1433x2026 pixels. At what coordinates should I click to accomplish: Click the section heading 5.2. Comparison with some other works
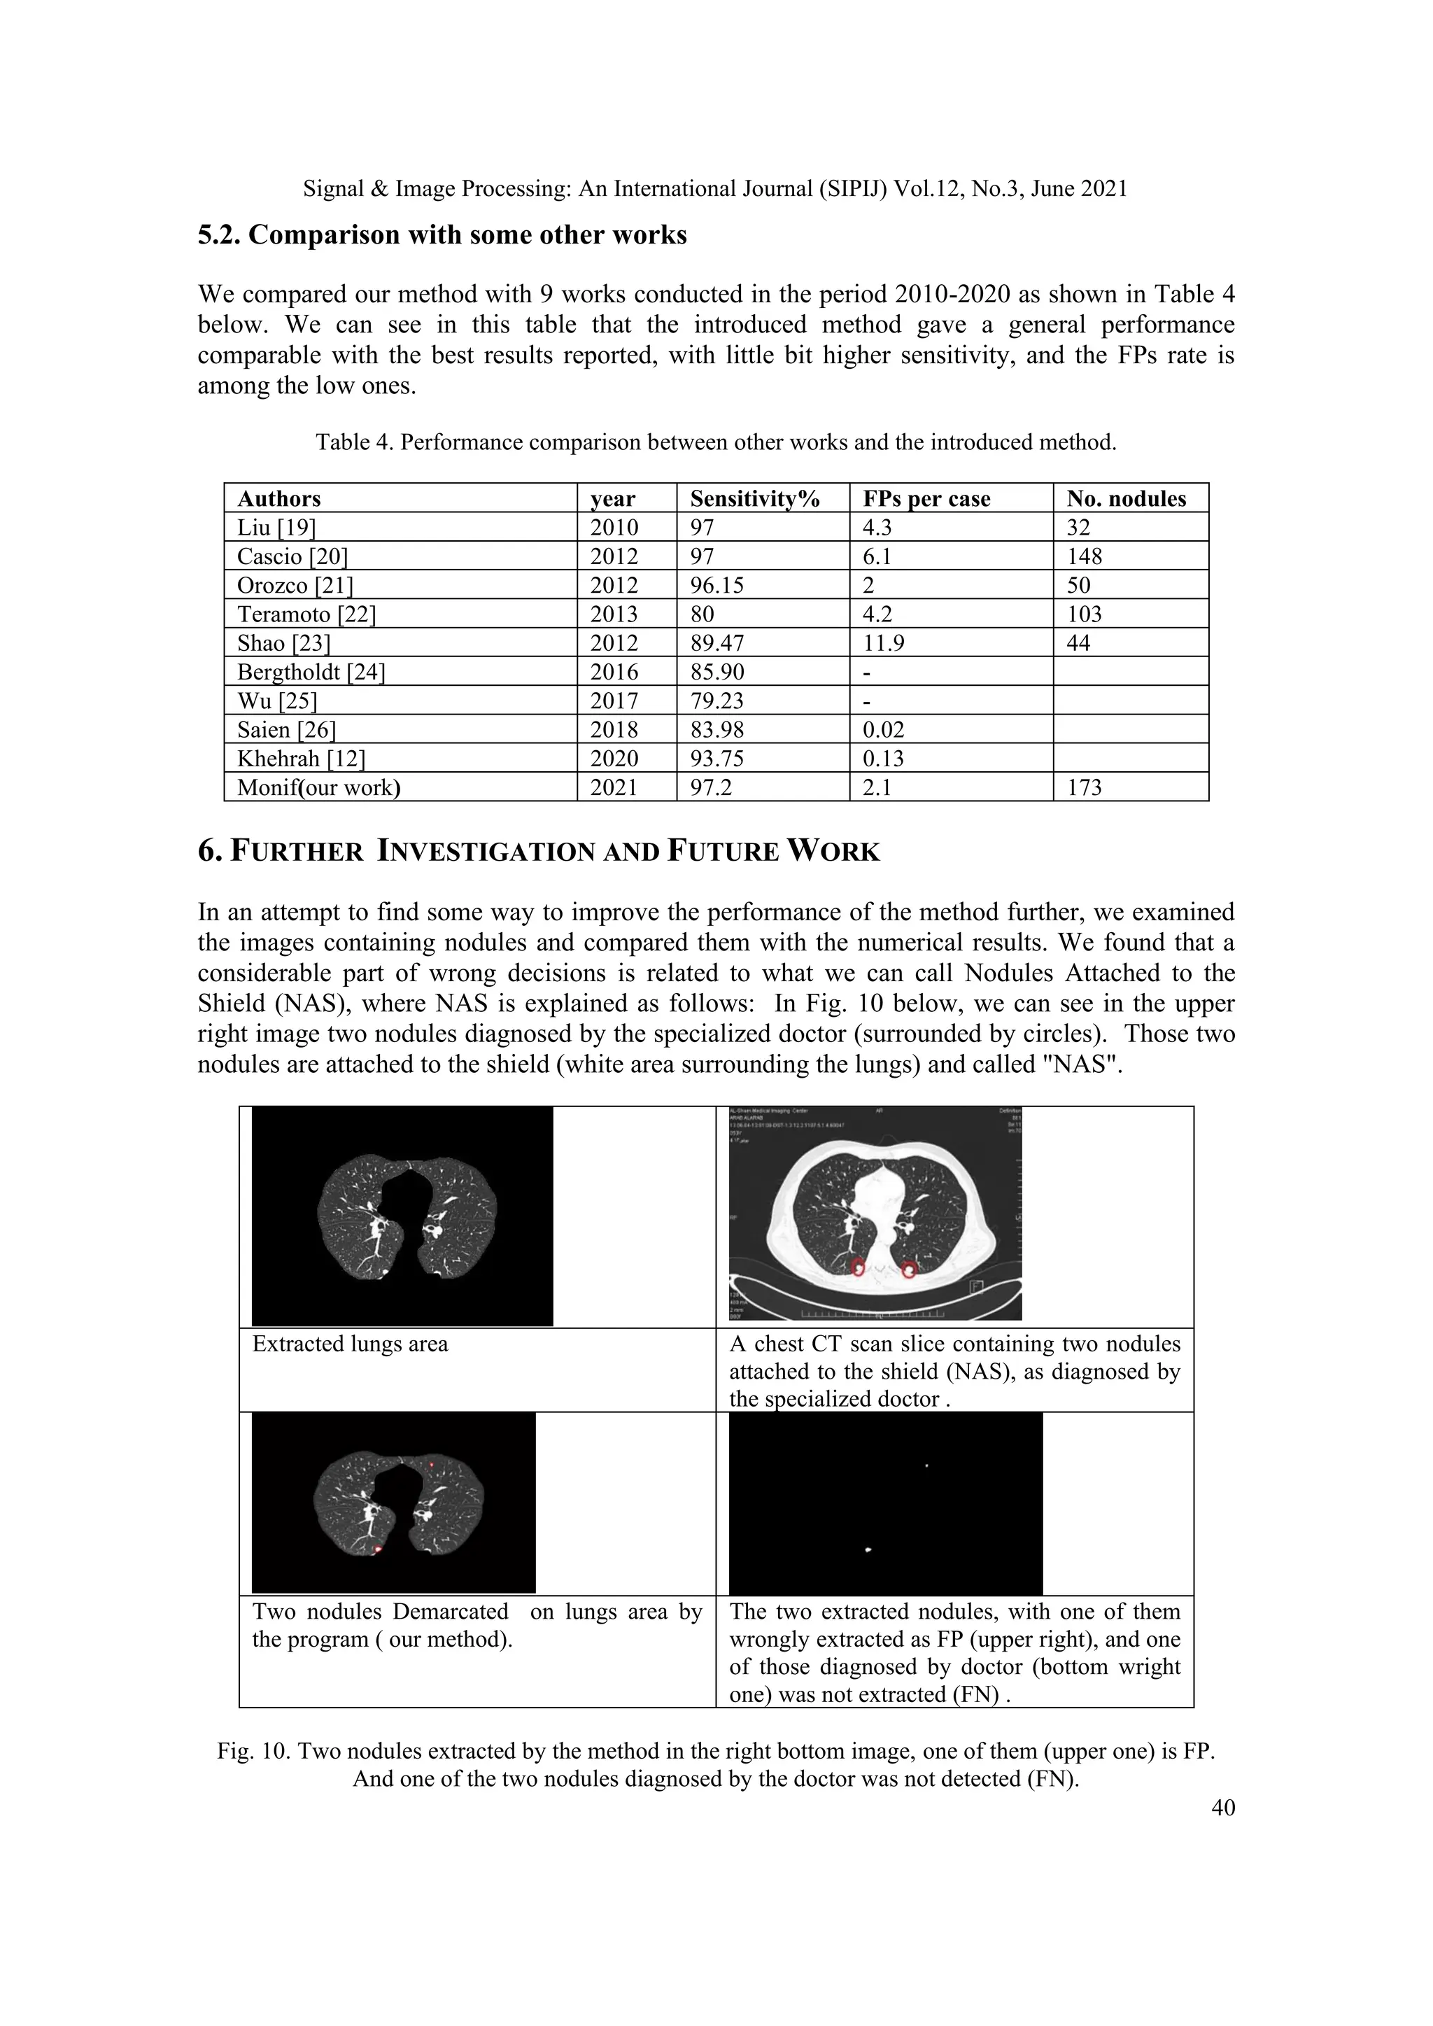point(442,236)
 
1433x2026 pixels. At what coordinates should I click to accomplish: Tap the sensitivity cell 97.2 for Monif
point(710,788)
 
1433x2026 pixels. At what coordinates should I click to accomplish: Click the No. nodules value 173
point(1085,788)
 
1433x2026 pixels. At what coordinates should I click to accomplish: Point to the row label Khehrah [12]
point(301,759)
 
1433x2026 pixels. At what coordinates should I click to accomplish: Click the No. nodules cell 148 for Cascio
point(1085,557)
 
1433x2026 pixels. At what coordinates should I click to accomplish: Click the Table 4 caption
point(716,442)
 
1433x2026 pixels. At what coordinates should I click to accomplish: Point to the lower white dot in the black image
point(869,1550)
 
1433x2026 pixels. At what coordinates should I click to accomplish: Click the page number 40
point(1223,1808)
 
